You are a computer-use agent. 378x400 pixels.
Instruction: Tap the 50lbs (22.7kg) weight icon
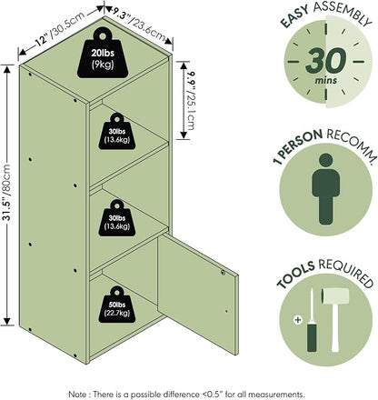[x=117, y=305]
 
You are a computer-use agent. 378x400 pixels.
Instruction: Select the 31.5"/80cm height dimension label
[x=7, y=193]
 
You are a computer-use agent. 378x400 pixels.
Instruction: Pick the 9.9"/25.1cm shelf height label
[x=191, y=101]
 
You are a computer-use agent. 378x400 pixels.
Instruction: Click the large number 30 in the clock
[x=325, y=61]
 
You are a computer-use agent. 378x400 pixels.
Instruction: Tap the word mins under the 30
[x=325, y=80]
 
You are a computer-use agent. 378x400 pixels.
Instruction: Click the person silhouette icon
[x=326, y=189]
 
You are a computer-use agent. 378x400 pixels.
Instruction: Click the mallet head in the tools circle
[x=334, y=295]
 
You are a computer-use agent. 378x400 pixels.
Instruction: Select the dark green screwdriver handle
[x=312, y=337]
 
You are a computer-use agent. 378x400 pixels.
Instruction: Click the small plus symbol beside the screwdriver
[x=298, y=319]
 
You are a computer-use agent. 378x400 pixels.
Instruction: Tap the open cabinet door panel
[x=198, y=293]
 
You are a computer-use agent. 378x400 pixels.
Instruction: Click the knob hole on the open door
[x=224, y=273]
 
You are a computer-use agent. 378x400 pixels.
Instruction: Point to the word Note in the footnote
[x=77, y=395]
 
